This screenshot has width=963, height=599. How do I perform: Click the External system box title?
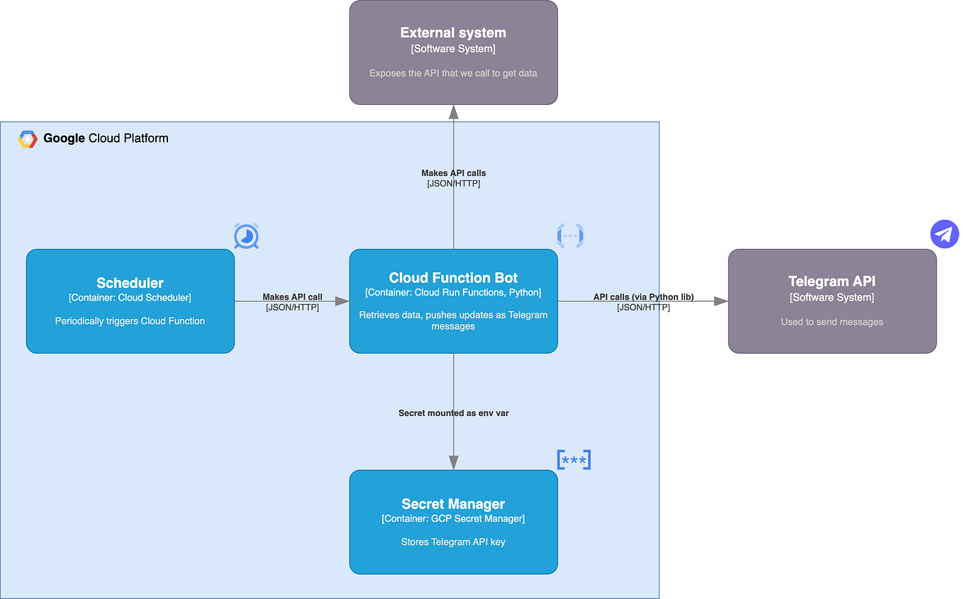pos(453,33)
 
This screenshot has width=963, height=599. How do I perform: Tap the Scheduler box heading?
pos(130,283)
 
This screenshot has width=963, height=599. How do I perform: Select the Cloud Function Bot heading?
pos(453,278)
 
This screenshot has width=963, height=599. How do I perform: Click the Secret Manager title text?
pos(453,504)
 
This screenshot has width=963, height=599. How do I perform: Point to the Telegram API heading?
pos(832,281)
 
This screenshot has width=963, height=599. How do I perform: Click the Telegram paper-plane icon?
pos(944,234)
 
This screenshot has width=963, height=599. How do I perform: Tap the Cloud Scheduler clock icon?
pos(246,236)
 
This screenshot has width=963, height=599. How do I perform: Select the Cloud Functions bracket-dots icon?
pos(570,235)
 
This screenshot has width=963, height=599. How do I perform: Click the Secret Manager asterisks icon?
pos(574,460)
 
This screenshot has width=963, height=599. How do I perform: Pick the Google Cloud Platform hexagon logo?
pos(28,139)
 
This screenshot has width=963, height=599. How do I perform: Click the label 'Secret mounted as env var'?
pos(453,413)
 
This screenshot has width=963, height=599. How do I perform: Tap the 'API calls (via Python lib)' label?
pos(643,297)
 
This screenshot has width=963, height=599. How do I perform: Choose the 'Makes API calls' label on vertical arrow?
pos(453,173)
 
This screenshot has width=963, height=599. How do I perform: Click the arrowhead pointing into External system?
pos(453,111)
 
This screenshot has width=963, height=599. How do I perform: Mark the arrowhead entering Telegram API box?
pos(721,301)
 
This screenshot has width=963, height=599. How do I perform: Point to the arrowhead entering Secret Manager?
pos(453,462)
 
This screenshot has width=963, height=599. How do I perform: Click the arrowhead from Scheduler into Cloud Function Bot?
pos(343,301)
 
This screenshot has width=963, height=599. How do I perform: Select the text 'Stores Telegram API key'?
pos(453,542)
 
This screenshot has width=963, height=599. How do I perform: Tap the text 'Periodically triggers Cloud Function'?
pos(130,321)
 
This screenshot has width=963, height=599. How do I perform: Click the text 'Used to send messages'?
pos(832,322)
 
